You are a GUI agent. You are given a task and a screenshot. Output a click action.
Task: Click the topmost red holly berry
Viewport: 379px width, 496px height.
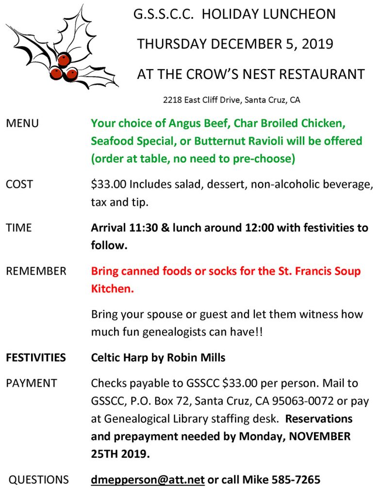[x=64, y=60]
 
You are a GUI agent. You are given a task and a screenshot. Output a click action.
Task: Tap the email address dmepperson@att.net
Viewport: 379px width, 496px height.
[x=148, y=480]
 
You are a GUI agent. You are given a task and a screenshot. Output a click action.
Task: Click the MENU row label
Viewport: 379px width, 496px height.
[x=22, y=124]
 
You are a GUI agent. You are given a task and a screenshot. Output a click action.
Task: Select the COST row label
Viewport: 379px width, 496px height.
[x=20, y=184]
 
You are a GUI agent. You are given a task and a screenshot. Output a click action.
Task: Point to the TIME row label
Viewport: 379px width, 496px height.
[x=19, y=228]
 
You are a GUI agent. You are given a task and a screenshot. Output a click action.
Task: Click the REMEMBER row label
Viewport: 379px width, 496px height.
[x=36, y=271]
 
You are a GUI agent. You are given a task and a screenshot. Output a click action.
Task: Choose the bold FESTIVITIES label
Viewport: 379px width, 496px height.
[x=35, y=358]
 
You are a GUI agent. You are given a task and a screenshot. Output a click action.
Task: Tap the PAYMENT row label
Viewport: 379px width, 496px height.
[x=31, y=383]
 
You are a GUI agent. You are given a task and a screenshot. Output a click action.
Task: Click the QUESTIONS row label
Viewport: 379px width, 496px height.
[x=39, y=480]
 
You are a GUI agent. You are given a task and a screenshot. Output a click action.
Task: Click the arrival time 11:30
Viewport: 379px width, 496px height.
[x=141, y=228]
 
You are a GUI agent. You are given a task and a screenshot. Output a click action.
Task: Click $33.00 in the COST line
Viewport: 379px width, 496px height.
[x=108, y=184]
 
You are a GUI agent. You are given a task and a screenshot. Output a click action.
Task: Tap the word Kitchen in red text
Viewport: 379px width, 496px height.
[x=111, y=289]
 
